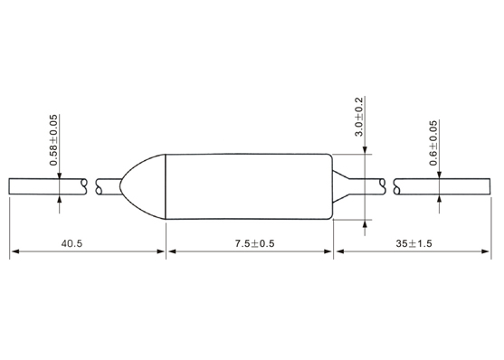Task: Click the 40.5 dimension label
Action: pyautogui.click(x=71, y=243)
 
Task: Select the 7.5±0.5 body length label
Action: pyautogui.click(x=254, y=243)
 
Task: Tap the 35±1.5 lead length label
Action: pyautogui.click(x=414, y=243)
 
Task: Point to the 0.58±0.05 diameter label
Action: pyautogui.click(x=53, y=140)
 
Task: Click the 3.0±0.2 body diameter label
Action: pyautogui.click(x=358, y=117)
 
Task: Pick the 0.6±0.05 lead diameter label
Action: pyautogui.click(x=433, y=143)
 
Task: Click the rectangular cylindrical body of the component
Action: pyautogui.click(x=249, y=186)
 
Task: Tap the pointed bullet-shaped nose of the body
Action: pyautogui.click(x=143, y=186)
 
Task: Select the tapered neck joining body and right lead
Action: pyautogui.click(x=341, y=186)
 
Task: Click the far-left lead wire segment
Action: pyautogui.click(x=48, y=186)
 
